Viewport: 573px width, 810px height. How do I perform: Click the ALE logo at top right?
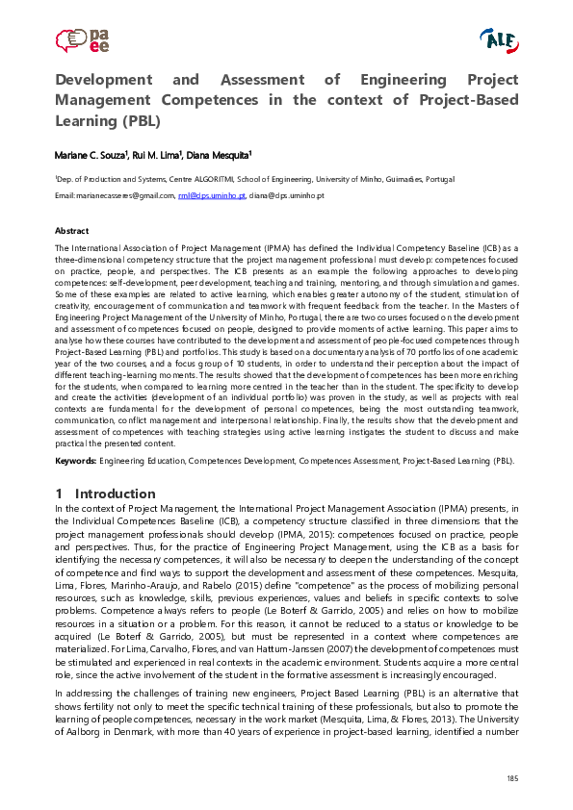coord(498,38)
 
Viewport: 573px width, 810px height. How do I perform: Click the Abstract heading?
coord(72,231)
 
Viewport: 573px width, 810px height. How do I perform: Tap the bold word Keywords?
coord(76,461)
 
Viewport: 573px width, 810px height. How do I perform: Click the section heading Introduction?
coord(115,494)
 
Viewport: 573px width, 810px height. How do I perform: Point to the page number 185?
coord(512,777)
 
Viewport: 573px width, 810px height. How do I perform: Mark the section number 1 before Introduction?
coord(60,494)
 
